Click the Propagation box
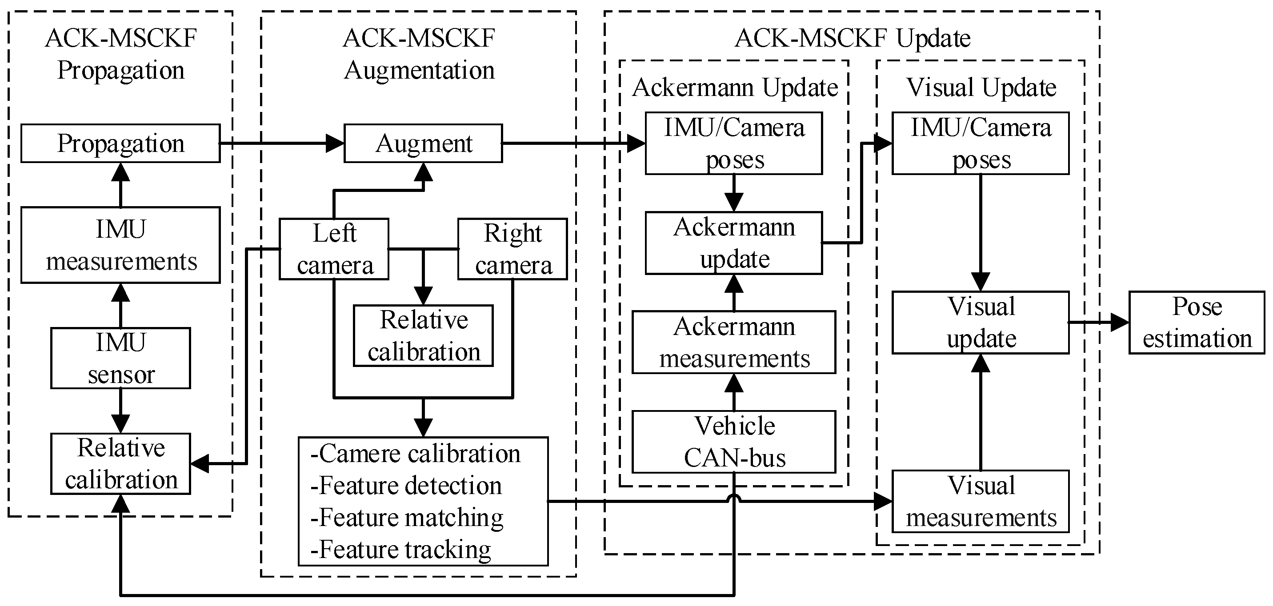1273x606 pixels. [x=120, y=143]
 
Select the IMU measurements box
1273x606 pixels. [x=120, y=245]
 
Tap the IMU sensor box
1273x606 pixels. [x=120, y=358]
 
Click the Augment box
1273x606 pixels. [x=423, y=143]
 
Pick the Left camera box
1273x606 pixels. [x=334, y=249]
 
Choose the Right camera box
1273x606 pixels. [x=512, y=249]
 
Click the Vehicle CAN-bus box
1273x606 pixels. [x=734, y=442]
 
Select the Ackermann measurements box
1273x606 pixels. [x=734, y=342]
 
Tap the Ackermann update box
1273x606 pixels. [x=734, y=243]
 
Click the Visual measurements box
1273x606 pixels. [x=981, y=501]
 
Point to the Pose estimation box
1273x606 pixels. [x=1197, y=323]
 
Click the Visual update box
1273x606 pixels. [x=981, y=323]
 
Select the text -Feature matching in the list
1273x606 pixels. [x=407, y=518]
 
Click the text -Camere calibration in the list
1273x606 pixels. [x=415, y=453]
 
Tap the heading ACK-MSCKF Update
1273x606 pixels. [x=852, y=38]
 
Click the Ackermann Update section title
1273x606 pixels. [x=734, y=88]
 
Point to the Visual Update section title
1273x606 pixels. [x=981, y=88]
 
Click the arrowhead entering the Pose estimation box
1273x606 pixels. [x=1120, y=323]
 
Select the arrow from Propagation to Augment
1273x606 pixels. [x=282, y=143]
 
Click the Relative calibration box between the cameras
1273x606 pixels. [x=423, y=336]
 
